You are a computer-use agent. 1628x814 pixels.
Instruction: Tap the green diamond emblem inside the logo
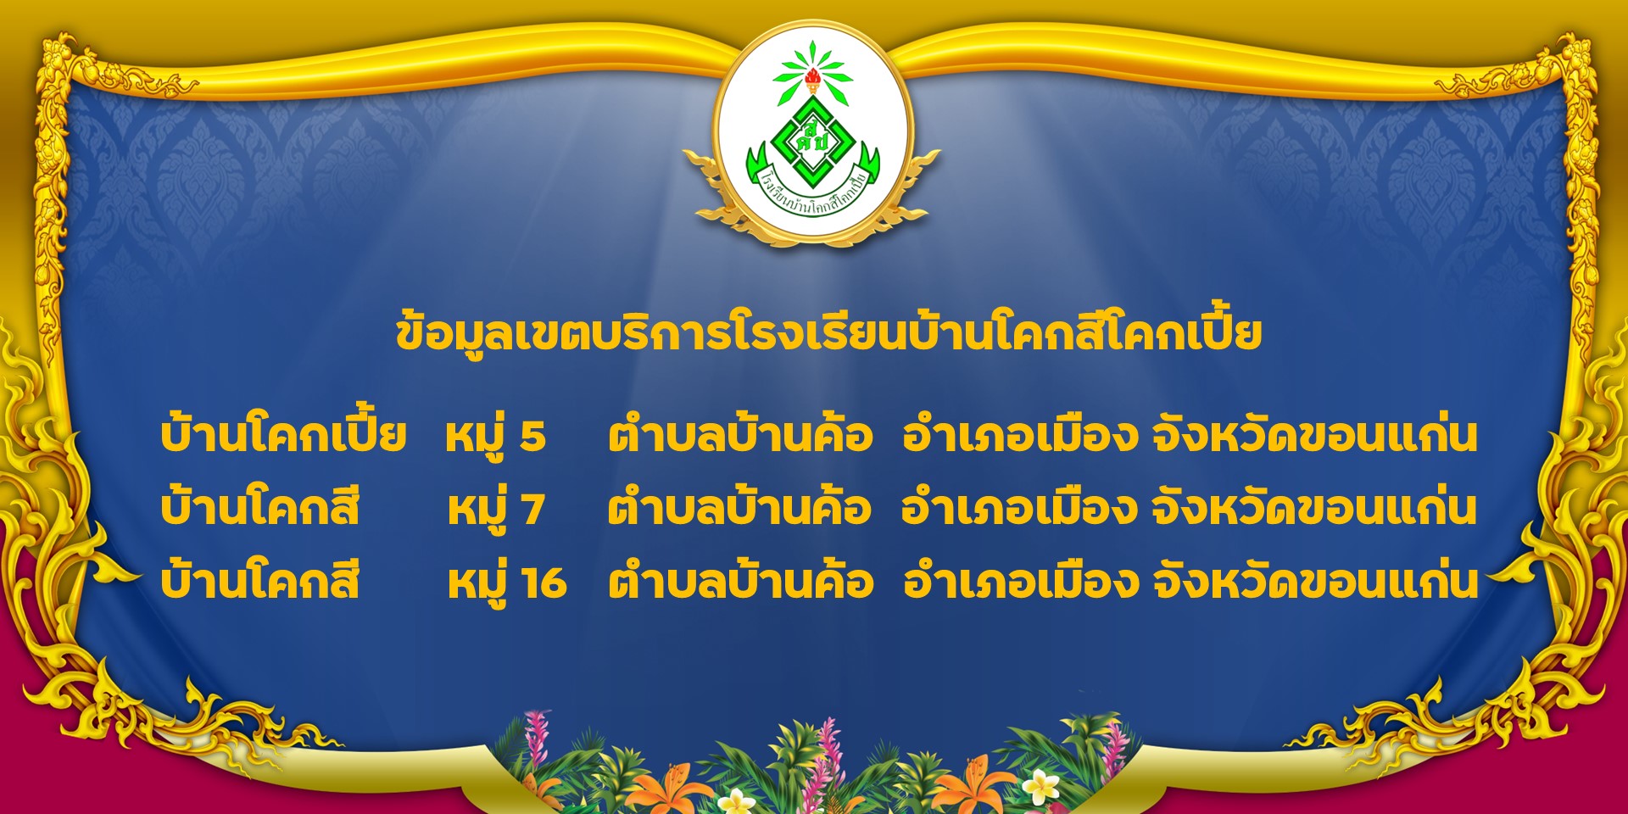812,143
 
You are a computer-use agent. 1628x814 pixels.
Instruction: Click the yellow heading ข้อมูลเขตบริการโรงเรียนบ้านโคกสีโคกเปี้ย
828,332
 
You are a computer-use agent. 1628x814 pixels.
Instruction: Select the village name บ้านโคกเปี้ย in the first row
283,433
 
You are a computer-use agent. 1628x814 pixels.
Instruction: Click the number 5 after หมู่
532,436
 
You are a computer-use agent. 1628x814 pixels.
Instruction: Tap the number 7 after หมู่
532,510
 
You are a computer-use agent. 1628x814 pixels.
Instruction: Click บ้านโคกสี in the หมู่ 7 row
260,507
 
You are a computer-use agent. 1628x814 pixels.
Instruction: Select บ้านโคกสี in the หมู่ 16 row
260,581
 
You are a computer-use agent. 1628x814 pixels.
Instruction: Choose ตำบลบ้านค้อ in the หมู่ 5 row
740,435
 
